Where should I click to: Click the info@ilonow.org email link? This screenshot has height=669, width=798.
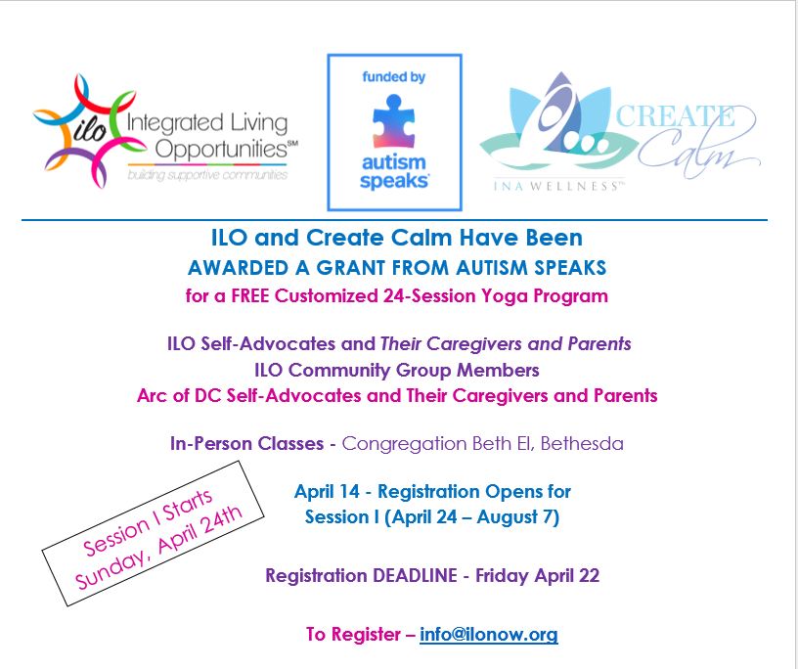click(488, 634)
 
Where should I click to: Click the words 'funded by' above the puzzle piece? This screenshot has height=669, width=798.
click(393, 76)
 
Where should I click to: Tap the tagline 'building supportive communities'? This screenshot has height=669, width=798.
click(207, 175)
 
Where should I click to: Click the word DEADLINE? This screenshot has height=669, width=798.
click(410, 575)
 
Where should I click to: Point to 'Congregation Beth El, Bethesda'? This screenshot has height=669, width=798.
click(482, 443)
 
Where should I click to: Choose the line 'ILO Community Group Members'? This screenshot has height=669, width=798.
click(397, 370)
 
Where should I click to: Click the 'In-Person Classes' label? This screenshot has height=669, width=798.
click(245, 443)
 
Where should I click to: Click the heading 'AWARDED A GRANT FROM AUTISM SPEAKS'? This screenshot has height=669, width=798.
click(397, 268)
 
